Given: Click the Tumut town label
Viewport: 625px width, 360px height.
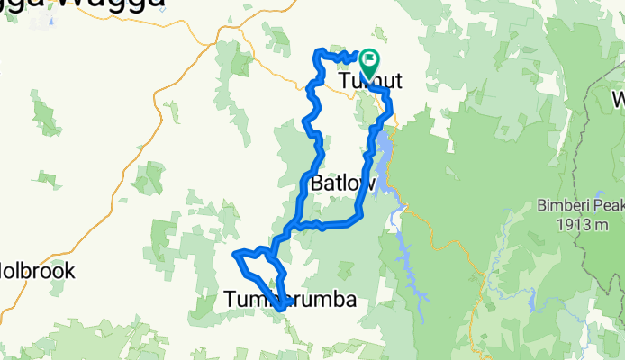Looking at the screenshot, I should pos(370,83).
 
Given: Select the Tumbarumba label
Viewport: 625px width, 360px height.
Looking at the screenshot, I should pos(289,300).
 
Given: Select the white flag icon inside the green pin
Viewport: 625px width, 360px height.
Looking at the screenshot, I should pos(369,60).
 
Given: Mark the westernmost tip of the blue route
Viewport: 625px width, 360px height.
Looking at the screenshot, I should pos(235,255).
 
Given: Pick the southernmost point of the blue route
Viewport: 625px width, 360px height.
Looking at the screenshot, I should pos(281,309).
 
